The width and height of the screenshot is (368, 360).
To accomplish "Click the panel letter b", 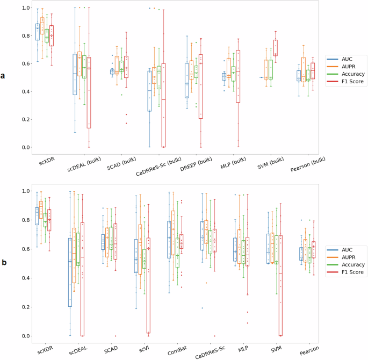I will click(x=4, y=263).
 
